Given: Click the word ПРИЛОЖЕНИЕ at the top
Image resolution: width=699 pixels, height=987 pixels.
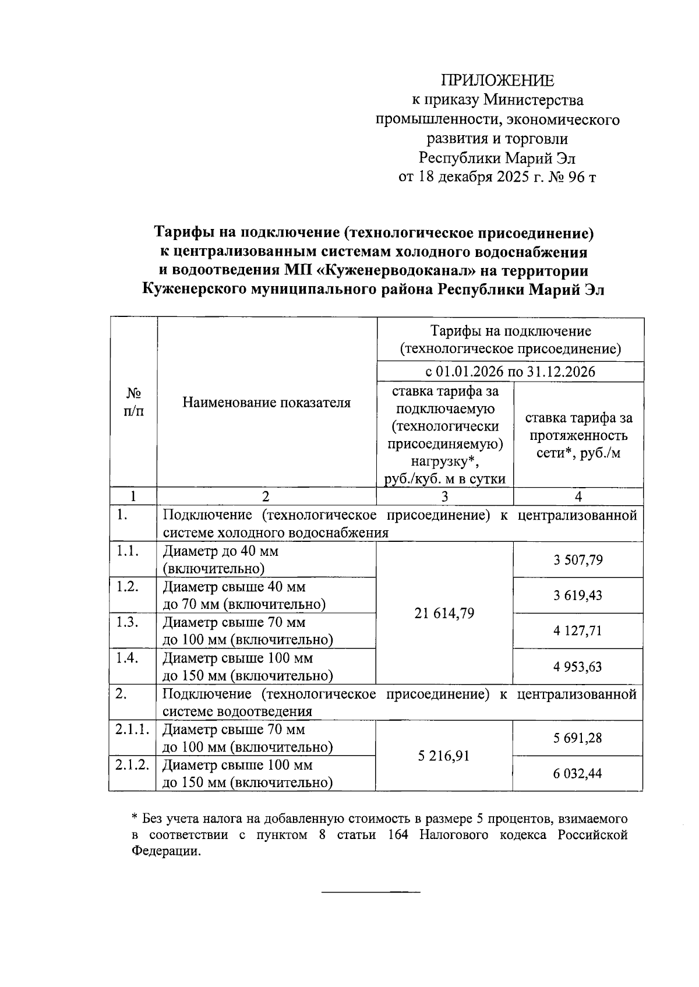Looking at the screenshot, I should click(497, 81).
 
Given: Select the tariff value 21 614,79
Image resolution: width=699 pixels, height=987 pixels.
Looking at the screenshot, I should click(444, 613).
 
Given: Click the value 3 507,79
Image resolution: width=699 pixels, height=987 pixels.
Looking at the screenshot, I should click(578, 560).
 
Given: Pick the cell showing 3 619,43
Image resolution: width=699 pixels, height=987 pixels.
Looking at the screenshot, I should click(578, 595).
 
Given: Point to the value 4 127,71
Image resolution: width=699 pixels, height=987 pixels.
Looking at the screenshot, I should click(578, 631).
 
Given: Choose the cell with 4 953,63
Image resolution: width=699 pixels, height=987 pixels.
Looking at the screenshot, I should click(578, 667).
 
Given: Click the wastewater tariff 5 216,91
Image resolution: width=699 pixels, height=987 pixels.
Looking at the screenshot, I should click(444, 756).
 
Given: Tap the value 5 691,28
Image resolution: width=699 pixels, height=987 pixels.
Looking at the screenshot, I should click(578, 738).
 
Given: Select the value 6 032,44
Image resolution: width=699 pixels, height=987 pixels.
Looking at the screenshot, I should click(578, 774).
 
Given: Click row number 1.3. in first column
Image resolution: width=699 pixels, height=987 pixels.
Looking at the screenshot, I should click(127, 622).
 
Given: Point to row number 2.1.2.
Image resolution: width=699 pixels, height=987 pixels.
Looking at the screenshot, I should click(132, 765).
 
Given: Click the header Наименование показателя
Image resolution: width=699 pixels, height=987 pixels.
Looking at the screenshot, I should click(266, 403).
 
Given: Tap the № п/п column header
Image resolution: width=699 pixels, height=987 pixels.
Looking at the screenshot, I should click(133, 402).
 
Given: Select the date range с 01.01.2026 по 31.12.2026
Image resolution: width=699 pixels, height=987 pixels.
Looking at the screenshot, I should click(510, 372).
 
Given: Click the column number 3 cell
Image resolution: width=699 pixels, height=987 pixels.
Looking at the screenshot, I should click(444, 496).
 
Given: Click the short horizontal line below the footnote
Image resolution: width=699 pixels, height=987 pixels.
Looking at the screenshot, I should click(371, 892).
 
